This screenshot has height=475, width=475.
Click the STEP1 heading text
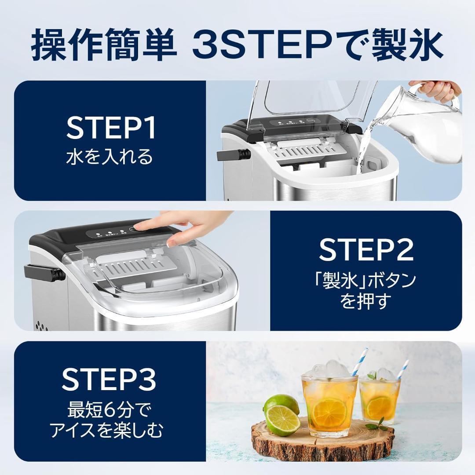110,128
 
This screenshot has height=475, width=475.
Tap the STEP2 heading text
366,250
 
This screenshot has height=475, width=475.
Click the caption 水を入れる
110,157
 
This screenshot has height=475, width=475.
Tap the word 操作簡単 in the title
103,45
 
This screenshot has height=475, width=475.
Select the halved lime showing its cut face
281,422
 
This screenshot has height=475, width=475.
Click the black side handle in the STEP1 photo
233,155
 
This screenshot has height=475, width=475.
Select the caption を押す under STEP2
365,302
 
